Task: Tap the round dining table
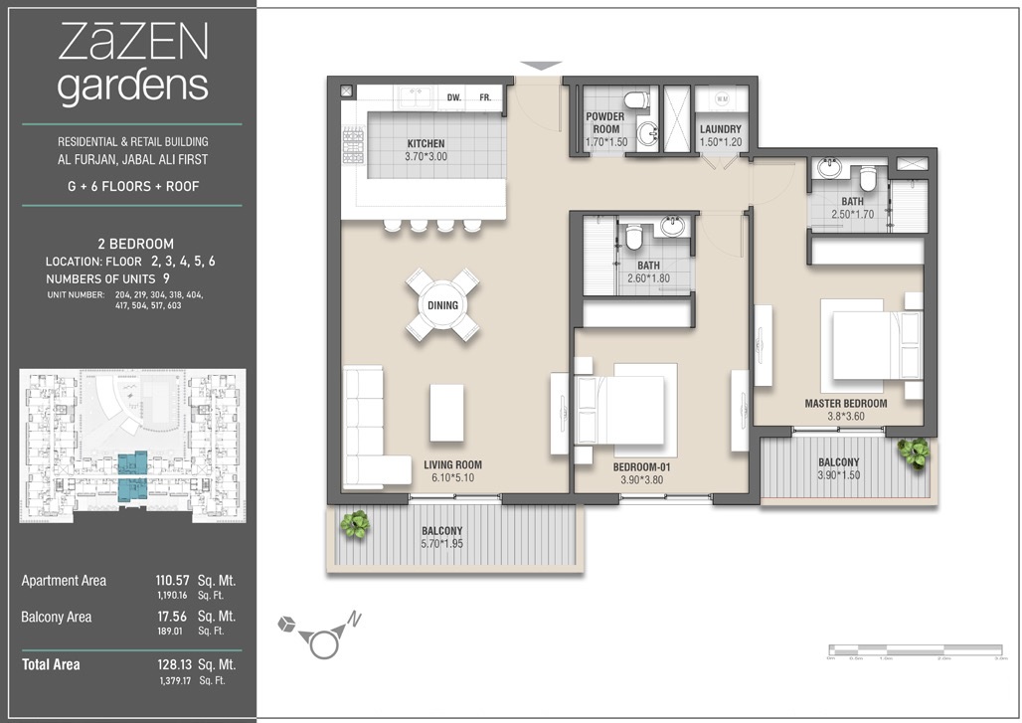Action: pyautogui.click(x=442, y=305)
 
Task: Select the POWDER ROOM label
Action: pyautogui.click(x=604, y=123)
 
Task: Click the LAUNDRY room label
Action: pyautogui.click(x=720, y=129)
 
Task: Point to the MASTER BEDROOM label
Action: pyautogui.click(x=845, y=404)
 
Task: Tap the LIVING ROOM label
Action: pyautogui.click(x=452, y=464)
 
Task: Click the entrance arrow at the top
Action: pyautogui.click(x=541, y=67)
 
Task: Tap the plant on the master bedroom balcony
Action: pyautogui.click(x=912, y=452)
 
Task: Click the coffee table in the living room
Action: pyautogui.click(x=446, y=413)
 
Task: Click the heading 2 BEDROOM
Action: pyautogui.click(x=135, y=244)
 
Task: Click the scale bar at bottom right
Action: pyautogui.click(x=918, y=652)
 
